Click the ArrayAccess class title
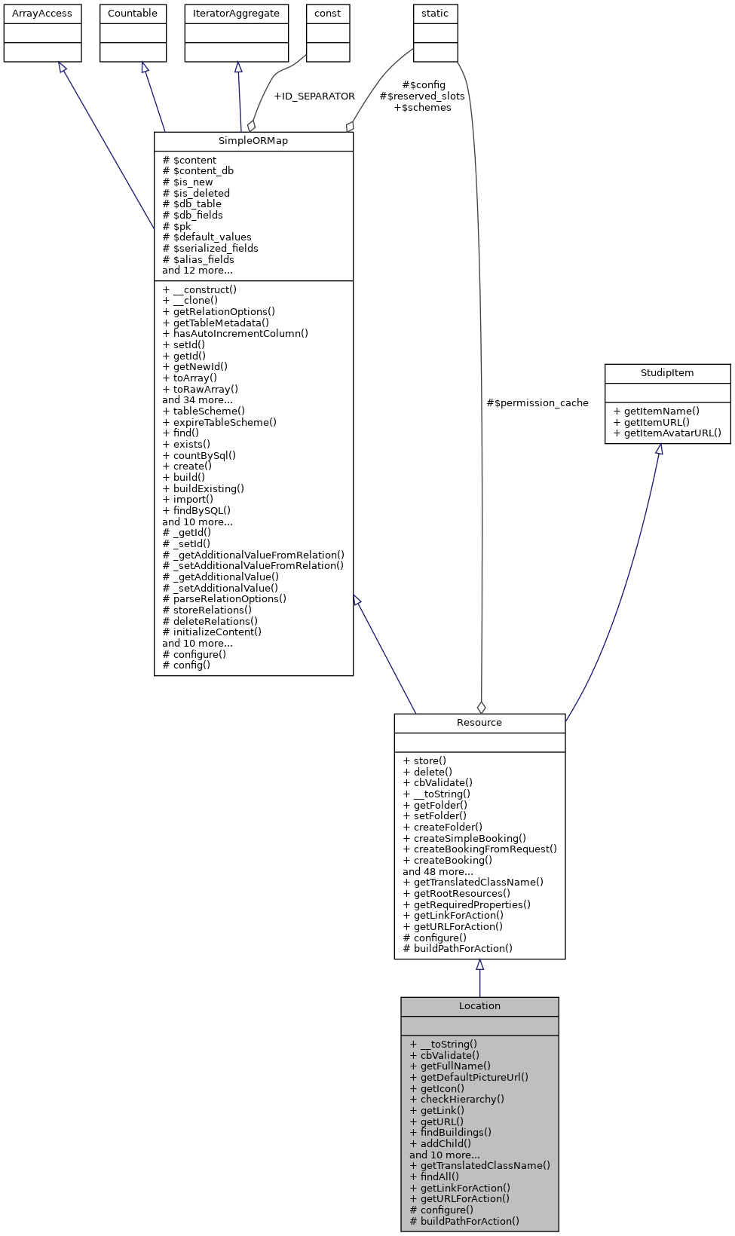[42, 14]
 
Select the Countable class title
[133, 14]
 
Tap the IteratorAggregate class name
[236, 14]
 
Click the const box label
[328, 14]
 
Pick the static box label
[435, 14]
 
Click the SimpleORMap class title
[253, 141]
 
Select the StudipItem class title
[667, 373]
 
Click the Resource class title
[479, 723]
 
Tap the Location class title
[479, 1006]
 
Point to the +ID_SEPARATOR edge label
[314, 96]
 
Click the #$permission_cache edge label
[537, 403]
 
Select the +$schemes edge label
[422, 108]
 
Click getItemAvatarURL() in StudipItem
[667, 433]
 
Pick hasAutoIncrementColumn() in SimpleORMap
[235, 333]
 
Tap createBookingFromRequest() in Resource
[480, 849]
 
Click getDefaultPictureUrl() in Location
[469, 1078]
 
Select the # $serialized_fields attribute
[210, 249]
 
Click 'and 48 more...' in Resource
[438, 871]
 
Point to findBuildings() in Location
[451, 1133]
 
